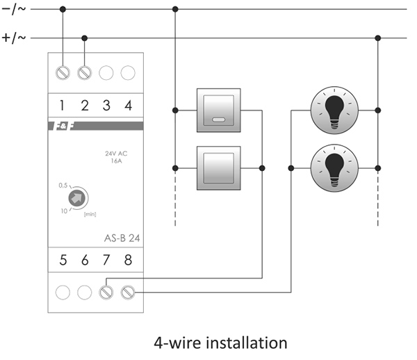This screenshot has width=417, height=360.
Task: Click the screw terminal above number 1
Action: [63, 72]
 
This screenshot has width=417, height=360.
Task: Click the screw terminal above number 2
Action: [85, 72]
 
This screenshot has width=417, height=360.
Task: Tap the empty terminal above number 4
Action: [128, 72]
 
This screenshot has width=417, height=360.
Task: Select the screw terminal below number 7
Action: [106, 293]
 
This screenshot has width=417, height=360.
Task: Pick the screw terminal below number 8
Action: [128, 293]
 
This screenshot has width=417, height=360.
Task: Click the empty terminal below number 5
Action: [63, 293]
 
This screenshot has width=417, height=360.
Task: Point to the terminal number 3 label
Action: [106, 106]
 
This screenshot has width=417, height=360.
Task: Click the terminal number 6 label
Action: [85, 260]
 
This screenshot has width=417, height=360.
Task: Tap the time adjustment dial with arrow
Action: [77, 198]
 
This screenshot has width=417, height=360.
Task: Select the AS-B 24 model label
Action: [122, 238]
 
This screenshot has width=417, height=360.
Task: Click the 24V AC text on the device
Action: [116, 154]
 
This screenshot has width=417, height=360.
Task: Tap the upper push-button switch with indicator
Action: [219, 111]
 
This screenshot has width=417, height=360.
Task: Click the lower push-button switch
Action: [219, 168]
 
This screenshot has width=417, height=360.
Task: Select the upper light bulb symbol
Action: [334, 111]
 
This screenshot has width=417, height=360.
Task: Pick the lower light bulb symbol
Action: [334, 168]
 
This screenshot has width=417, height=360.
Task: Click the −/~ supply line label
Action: [14, 9]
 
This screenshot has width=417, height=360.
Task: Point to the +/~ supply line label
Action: [14, 38]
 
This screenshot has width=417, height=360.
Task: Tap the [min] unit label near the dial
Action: [90, 214]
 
